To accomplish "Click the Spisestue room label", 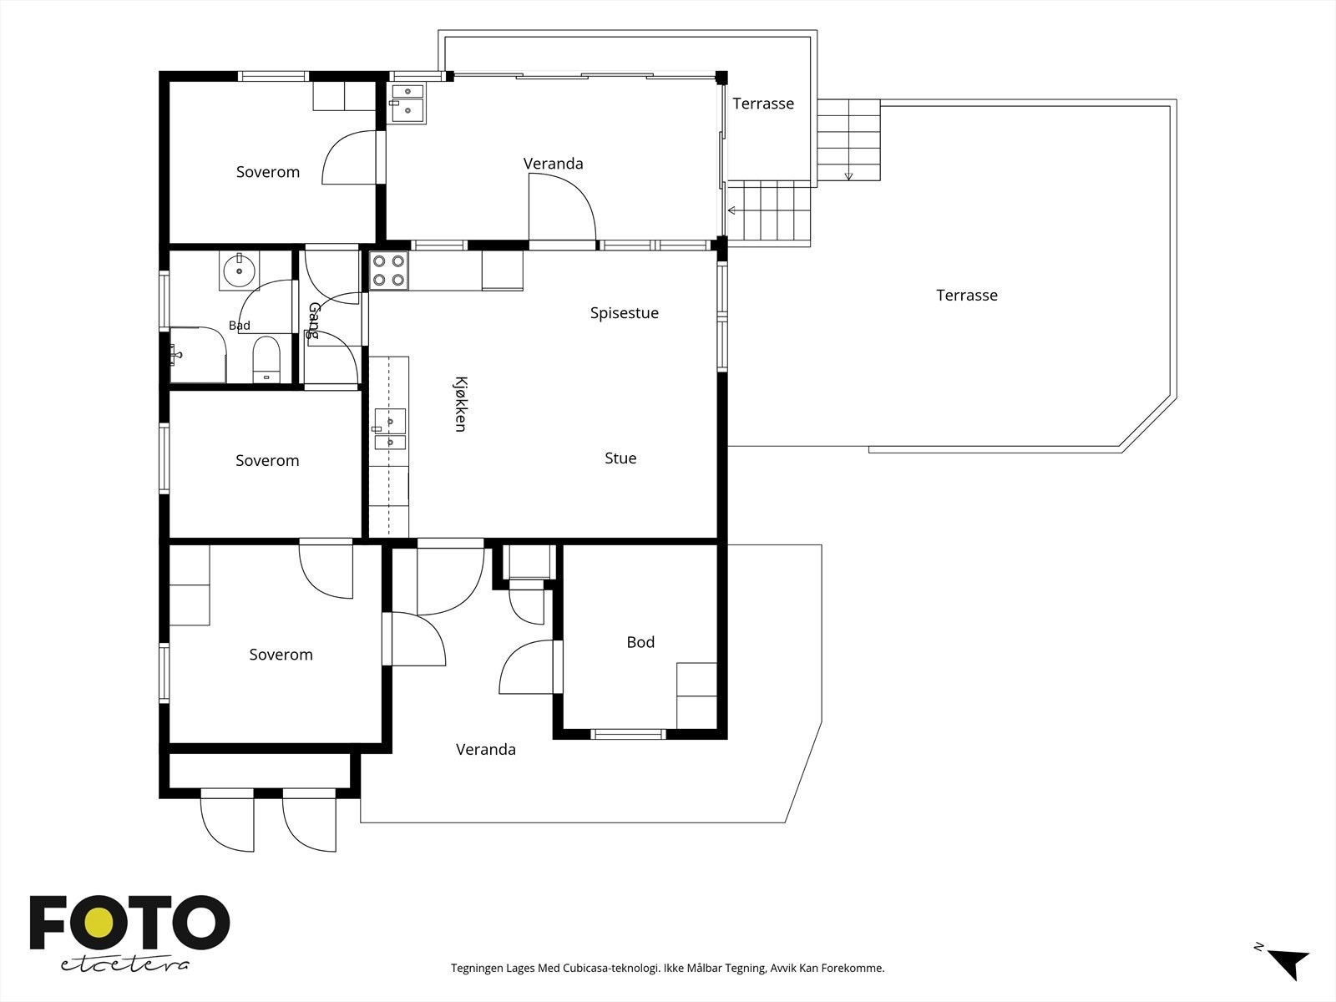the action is pyautogui.click(x=625, y=313).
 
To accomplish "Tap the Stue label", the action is pyautogui.click(x=620, y=458).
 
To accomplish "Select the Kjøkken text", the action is pyautogui.click(x=460, y=404).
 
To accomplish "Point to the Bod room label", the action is pyautogui.click(x=640, y=642).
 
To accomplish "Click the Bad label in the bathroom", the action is pyautogui.click(x=239, y=326).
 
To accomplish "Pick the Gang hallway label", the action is pyautogui.click(x=314, y=321).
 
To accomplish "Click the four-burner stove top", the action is pyautogui.click(x=389, y=271).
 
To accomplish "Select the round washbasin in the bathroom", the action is pyautogui.click(x=239, y=271).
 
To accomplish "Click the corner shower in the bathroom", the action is pyautogui.click(x=198, y=356).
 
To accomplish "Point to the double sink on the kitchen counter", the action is pyautogui.click(x=390, y=429).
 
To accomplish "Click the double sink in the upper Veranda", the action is pyautogui.click(x=407, y=104).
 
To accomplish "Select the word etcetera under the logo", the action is pyautogui.click(x=124, y=965).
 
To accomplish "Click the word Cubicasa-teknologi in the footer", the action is pyautogui.click(x=611, y=968).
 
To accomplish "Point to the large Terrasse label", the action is pyautogui.click(x=967, y=296).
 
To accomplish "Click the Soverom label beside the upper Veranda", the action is pyautogui.click(x=268, y=172).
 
